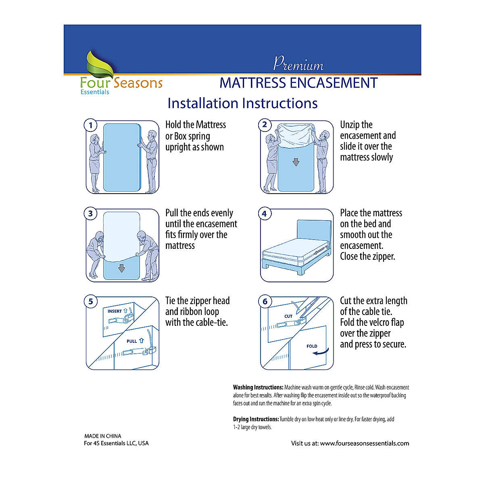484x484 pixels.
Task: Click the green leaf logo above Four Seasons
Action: pyautogui.click(x=100, y=64)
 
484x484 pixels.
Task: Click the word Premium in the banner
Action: pyautogui.click(x=298, y=64)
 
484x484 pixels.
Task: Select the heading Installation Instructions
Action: pyautogui.click(x=242, y=103)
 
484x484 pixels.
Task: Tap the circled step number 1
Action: pyautogui.click(x=91, y=125)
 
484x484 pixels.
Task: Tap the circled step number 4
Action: pyautogui.click(x=265, y=214)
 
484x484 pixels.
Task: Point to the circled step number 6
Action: pyautogui.click(x=265, y=302)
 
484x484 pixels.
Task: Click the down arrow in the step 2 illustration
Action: pyautogui.click(x=296, y=162)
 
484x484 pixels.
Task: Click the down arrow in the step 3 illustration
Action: pyautogui.click(x=121, y=268)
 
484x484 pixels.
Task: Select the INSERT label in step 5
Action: pyautogui.click(x=115, y=311)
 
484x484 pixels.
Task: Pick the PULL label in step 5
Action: pyautogui.click(x=132, y=341)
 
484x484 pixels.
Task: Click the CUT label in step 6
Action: pyautogui.click(x=288, y=316)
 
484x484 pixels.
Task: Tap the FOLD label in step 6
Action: pyautogui.click(x=312, y=346)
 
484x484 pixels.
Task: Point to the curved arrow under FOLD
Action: pyautogui.click(x=321, y=353)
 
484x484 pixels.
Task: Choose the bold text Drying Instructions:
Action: pyautogui.click(x=256, y=419)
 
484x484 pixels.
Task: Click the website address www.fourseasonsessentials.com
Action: pyautogui.click(x=364, y=443)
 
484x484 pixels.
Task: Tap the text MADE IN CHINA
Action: pyautogui.click(x=102, y=436)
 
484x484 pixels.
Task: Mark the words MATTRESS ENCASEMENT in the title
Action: pyautogui.click(x=298, y=83)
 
